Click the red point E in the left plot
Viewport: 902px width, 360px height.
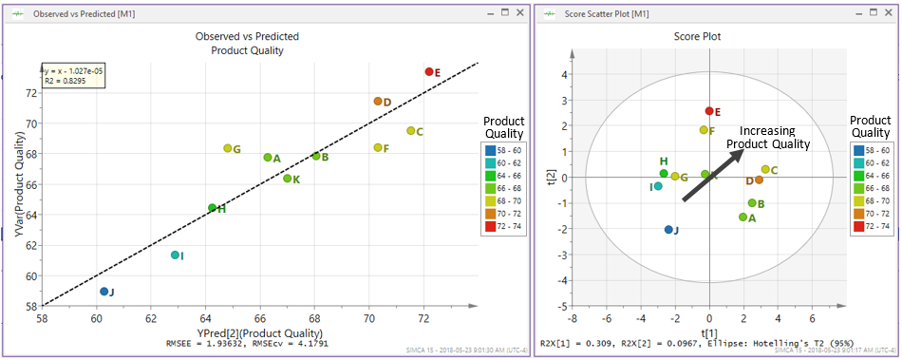(x=429, y=71)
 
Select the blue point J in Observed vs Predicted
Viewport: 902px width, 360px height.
(x=104, y=292)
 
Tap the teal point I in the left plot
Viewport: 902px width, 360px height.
(x=175, y=255)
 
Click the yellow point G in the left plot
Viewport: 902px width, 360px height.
(x=228, y=148)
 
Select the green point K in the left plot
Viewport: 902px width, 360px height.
(x=288, y=179)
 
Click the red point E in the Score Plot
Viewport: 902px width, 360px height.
(x=709, y=111)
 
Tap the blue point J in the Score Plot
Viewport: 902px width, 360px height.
(x=668, y=230)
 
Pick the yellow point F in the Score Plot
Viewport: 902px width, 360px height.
(x=704, y=130)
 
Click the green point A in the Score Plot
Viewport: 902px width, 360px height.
(x=743, y=218)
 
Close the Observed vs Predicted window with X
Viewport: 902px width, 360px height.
(x=517, y=13)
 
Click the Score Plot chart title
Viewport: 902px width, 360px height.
(x=709, y=36)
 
